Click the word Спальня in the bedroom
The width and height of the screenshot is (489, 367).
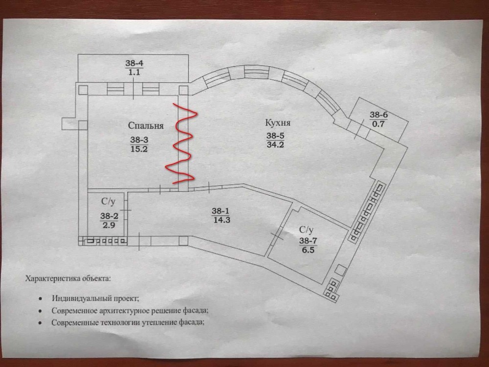click(x=146, y=125)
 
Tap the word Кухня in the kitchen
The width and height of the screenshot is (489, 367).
click(x=278, y=123)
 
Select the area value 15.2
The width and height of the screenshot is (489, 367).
click(x=139, y=149)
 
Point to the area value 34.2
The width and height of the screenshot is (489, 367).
click(x=275, y=144)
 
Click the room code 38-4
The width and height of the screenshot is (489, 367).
click(x=134, y=63)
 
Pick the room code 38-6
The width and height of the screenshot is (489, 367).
click(x=378, y=115)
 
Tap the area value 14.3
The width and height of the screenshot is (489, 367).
click(x=222, y=220)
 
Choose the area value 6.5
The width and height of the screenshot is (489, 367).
click(x=308, y=250)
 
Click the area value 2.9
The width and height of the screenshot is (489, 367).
click(x=109, y=225)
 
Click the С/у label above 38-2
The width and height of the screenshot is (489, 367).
click(x=108, y=202)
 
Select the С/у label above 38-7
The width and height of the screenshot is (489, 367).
click(x=306, y=230)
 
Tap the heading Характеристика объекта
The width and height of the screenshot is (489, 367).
click(x=67, y=278)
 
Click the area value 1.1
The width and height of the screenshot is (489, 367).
click(x=134, y=72)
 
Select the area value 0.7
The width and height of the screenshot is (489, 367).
click(x=378, y=124)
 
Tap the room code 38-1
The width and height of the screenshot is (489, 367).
click(x=221, y=211)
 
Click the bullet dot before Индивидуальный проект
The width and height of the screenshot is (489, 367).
click(x=40, y=298)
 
